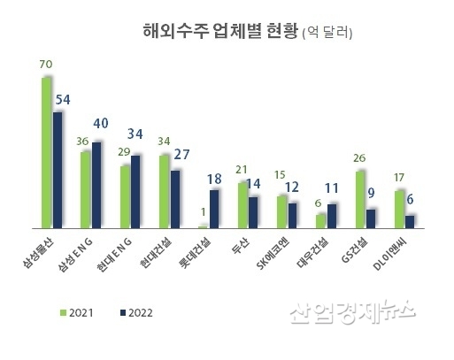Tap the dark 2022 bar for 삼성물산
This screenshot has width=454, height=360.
click(x=58, y=169)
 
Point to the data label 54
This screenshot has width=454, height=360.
click(x=63, y=98)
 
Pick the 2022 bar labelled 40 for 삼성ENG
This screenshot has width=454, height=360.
click(x=97, y=184)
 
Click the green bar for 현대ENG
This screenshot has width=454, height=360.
click(x=125, y=196)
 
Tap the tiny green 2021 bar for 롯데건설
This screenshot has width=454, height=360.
click(x=204, y=226)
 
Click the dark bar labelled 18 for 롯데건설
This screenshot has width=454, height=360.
click(x=215, y=209)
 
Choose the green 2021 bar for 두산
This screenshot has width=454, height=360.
click(x=242, y=204)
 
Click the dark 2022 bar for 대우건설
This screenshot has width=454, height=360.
click(x=332, y=216)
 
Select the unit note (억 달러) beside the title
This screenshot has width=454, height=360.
click(x=327, y=34)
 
